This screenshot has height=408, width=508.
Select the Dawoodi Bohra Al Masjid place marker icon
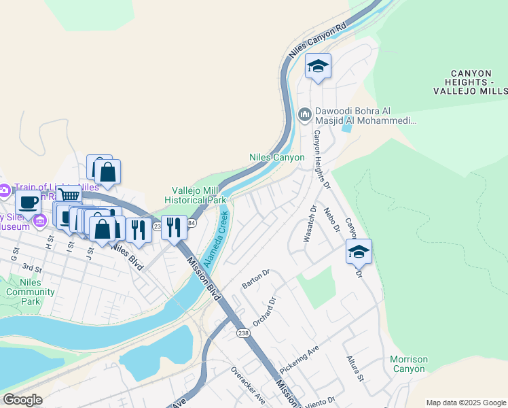(306, 112)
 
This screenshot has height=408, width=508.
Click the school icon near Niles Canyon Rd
(318, 66)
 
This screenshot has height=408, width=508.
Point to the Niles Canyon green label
(277, 157)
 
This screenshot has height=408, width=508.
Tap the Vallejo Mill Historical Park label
(198, 195)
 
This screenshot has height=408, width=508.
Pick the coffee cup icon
(29, 201)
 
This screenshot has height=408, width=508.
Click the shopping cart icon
(69, 196)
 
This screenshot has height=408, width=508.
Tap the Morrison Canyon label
(409, 364)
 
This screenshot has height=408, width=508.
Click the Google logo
(22, 400)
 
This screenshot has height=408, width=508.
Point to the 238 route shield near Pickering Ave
(243, 333)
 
